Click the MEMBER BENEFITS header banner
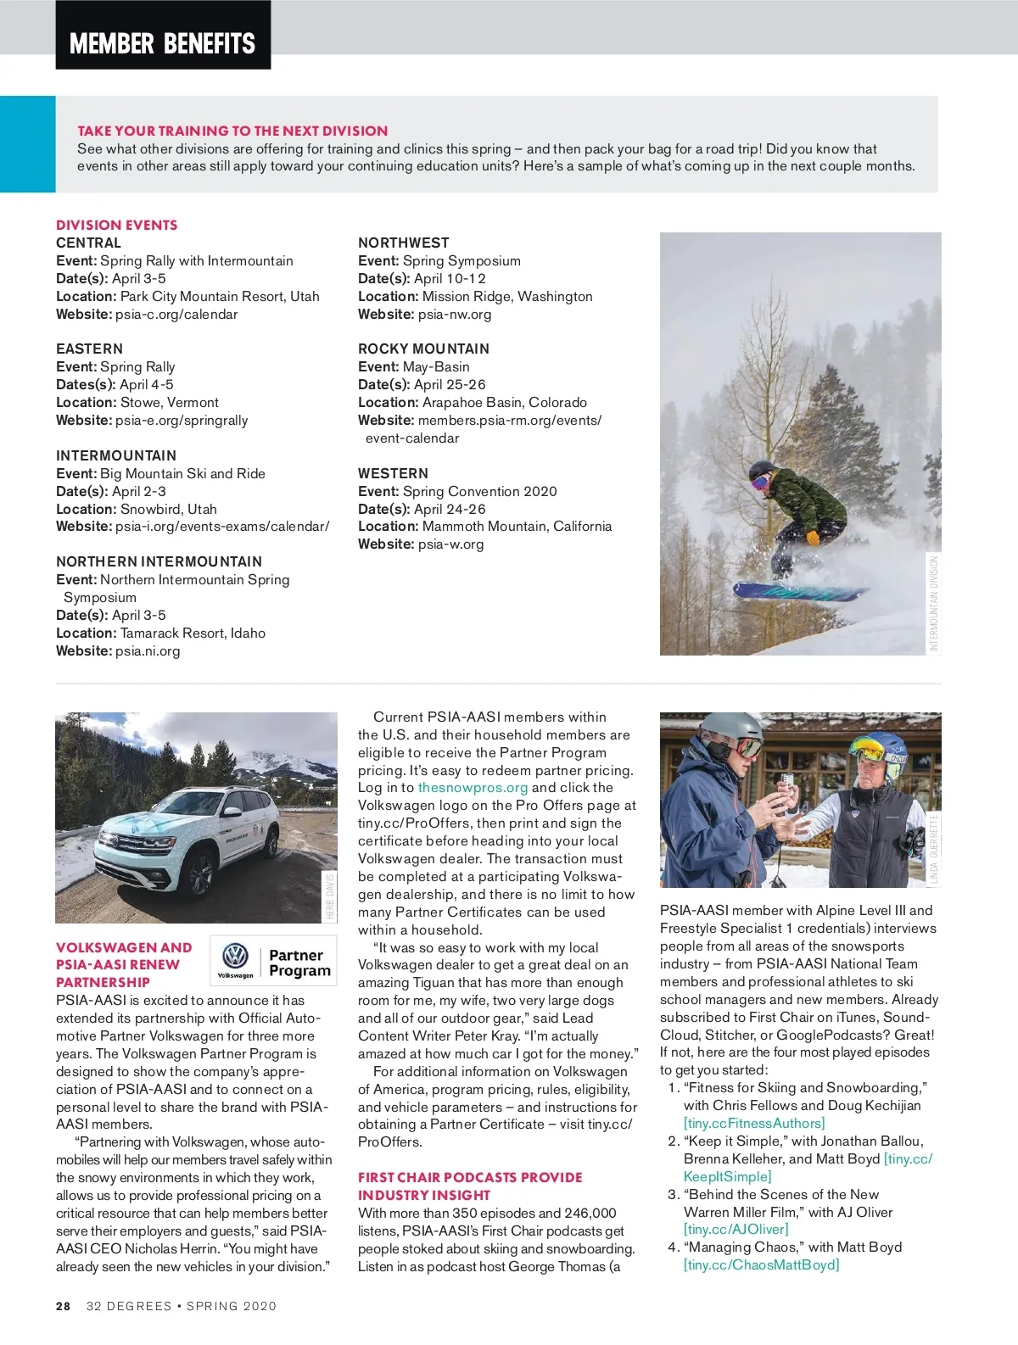[163, 42]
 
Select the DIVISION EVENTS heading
[117, 225]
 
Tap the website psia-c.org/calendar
[176, 314]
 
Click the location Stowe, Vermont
[169, 402]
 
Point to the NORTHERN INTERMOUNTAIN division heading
[159, 561]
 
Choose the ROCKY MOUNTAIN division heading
[423, 349]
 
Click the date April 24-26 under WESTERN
[450, 509]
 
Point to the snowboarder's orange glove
[813, 538]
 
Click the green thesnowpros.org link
[473, 787]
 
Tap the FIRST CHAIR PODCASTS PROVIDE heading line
[470, 1177]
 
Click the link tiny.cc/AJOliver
[736, 1229]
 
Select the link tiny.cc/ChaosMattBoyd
[761, 1264]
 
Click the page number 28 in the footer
[64, 1306]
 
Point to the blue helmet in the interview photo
[883, 751]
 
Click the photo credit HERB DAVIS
[330, 896]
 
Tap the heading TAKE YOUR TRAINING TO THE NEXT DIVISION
[232, 131]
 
